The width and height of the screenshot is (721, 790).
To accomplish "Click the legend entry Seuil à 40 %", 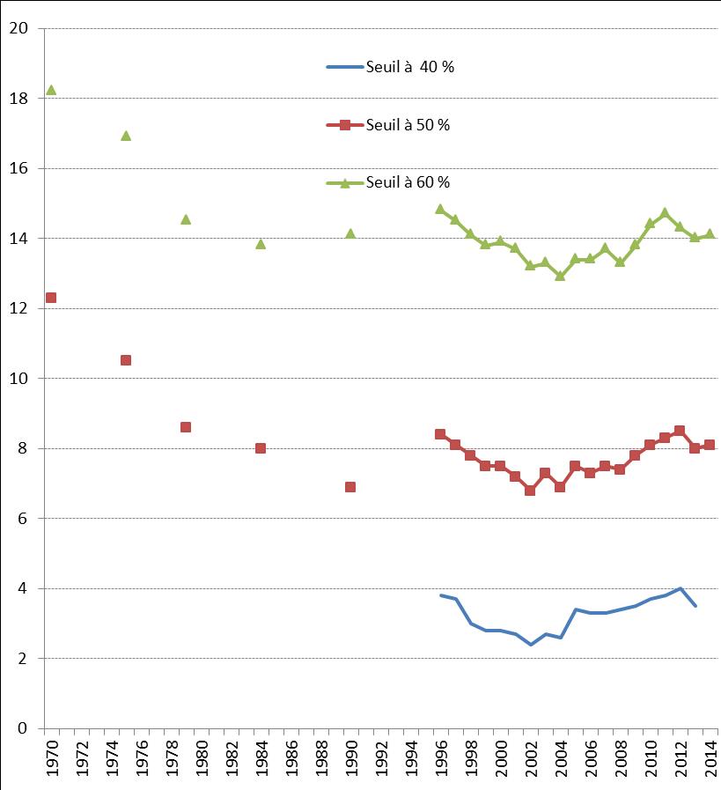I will (390, 67).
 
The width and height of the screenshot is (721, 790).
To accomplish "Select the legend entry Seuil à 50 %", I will (388, 125).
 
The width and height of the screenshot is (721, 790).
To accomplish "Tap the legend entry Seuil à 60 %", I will (388, 182).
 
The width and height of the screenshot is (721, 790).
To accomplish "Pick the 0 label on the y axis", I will (24, 728).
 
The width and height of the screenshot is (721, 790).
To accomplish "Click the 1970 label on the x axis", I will (52, 758).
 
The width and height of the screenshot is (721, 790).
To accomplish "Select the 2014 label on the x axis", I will (710, 758).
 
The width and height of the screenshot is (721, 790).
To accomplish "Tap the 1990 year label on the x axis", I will (351, 758).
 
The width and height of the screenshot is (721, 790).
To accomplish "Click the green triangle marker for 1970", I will (51, 90).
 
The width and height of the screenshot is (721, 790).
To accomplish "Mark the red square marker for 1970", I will (51, 298).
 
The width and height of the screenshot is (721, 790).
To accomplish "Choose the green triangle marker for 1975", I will (126, 136).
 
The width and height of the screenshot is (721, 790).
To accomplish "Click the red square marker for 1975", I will (126, 360).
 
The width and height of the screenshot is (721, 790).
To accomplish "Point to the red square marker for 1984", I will (261, 448).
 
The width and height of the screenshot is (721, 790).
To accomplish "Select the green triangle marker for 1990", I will (350, 233).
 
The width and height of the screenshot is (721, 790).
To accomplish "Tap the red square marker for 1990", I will (350, 487).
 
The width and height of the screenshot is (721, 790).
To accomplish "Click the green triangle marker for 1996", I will (440, 209).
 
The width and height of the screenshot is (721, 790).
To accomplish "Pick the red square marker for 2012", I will (680, 431).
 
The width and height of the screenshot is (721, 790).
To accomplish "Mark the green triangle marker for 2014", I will (710, 233).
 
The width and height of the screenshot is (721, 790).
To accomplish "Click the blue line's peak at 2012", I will (680, 588).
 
